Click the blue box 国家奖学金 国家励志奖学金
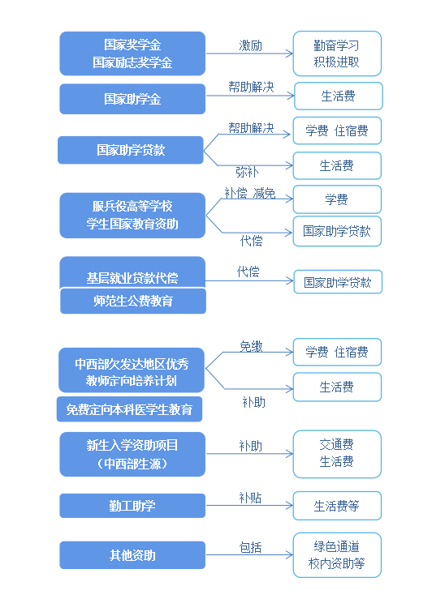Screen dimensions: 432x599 132,53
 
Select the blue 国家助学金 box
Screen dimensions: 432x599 132,99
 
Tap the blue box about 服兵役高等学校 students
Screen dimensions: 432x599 132,216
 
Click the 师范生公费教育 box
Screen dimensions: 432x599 133,301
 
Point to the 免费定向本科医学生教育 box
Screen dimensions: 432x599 129,409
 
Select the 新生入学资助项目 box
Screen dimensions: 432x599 132,454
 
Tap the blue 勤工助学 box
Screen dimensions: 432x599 132,506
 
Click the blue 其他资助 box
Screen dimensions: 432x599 132,555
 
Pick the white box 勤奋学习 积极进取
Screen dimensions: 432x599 337,53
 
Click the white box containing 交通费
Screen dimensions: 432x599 337,454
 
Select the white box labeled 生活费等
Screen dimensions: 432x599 337,506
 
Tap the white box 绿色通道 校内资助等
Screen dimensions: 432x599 337,554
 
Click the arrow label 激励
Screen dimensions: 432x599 251,46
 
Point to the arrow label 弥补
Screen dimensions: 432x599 247,172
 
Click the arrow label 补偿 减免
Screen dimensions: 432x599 250,193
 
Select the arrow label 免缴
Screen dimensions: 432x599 251,346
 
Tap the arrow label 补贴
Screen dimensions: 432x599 251,498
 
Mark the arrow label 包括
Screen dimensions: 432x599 251,547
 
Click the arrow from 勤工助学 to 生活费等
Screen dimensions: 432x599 249,506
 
